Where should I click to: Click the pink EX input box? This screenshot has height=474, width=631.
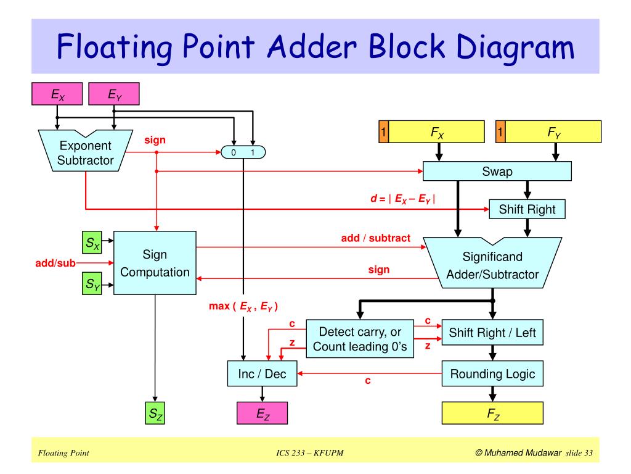point(57,95)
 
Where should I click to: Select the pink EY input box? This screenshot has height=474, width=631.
point(114,95)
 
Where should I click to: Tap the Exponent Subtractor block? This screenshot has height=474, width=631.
point(85,152)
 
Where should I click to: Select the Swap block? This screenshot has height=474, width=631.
point(497,172)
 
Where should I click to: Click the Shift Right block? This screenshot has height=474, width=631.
point(527,209)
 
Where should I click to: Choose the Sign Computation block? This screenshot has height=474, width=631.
point(155,263)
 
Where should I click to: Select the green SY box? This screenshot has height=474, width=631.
point(93,285)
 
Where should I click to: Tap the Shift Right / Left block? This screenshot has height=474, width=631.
point(492,333)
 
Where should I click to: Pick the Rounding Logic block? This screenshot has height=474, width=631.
point(492,373)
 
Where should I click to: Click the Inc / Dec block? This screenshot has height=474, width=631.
point(262,373)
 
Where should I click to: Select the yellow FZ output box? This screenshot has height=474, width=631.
point(492,414)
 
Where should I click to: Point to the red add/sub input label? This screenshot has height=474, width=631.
point(55,264)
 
